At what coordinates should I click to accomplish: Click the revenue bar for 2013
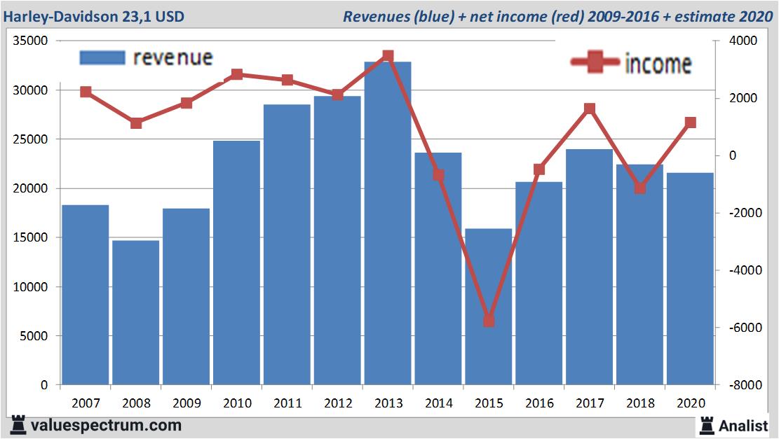coord(388,224)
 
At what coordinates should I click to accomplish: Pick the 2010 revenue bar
coord(236,263)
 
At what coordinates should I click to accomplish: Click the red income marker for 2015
coord(489,321)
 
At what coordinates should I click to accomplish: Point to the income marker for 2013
coord(388,56)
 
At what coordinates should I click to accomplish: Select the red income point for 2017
coord(590,109)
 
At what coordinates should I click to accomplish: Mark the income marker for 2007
coord(86,92)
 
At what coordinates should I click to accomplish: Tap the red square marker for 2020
coord(691,123)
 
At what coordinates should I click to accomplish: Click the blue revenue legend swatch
coord(102,57)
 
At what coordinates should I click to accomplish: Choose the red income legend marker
coord(595,63)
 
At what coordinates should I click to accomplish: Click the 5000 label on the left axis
coord(33,336)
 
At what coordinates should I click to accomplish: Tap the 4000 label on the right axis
coord(740,41)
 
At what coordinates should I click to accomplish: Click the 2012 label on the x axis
coord(337,403)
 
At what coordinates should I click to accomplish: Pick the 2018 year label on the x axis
coord(640,403)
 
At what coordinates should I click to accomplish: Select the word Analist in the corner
coord(743,425)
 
